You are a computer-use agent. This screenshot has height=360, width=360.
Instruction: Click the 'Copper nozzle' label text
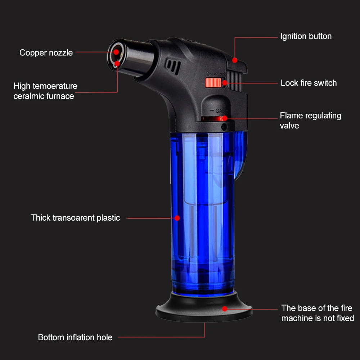tap(46, 53)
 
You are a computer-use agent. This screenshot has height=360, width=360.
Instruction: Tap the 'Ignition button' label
tap(306, 36)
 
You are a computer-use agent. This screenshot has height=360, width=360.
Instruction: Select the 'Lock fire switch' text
tap(309, 83)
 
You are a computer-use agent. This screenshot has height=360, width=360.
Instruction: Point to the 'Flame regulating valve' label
tap(310, 120)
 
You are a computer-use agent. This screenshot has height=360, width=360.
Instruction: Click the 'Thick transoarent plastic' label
tap(75, 218)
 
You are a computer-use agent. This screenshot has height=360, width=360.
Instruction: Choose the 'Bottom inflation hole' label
tap(75, 337)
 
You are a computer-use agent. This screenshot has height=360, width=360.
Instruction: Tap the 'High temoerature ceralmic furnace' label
tap(45, 91)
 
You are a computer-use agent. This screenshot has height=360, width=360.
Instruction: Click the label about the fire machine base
tap(317, 313)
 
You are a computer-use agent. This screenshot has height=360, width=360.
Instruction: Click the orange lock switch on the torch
tap(212, 83)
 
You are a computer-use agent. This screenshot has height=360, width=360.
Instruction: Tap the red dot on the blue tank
tap(177, 217)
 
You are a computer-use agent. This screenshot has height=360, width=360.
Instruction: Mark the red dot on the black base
tap(224, 309)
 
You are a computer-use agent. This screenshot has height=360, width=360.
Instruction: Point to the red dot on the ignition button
tap(235, 60)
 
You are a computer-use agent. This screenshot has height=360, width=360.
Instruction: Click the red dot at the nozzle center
tap(117, 52)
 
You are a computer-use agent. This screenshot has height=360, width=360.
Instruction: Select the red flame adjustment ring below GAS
tap(213, 118)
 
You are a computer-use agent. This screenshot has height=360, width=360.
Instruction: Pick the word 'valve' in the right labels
tap(289, 126)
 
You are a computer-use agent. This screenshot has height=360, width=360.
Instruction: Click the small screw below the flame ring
tap(224, 127)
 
